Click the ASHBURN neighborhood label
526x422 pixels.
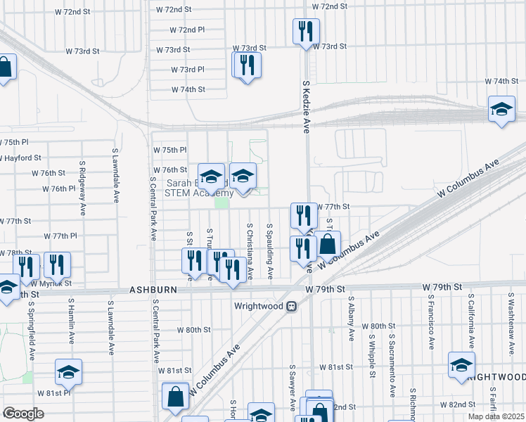(x=151, y=290)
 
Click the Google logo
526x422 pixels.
(x=23, y=414)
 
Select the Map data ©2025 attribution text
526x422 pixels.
(x=496, y=416)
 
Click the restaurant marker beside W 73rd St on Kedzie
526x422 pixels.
(x=306, y=32)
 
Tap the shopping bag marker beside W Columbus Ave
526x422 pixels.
(x=327, y=245)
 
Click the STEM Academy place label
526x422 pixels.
(x=199, y=193)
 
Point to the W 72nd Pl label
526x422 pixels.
(x=186, y=30)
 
